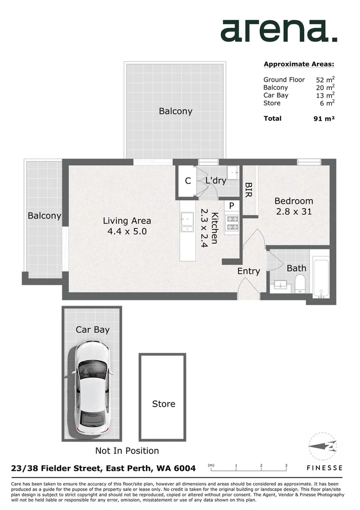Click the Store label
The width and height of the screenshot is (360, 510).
click(x=163, y=404)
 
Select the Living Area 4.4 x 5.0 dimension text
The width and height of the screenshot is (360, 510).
click(x=127, y=226)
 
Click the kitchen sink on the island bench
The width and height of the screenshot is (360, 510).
click(x=187, y=222)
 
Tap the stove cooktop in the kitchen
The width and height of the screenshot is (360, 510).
click(x=232, y=223)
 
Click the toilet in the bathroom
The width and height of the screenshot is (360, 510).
click(x=300, y=284)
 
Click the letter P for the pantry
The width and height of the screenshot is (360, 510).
click(x=232, y=206)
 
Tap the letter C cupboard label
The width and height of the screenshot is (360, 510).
click(x=187, y=181)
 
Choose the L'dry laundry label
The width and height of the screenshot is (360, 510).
click(x=216, y=180)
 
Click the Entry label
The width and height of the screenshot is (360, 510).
click(x=248, y=271)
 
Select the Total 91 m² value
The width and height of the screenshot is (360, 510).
click(x=324, y=119)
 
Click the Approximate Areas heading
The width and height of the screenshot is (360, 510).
click(x=299, y=64)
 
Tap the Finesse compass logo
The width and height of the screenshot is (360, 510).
click(x=324, y=446)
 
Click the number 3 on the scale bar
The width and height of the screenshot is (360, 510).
click(x=286, y=466)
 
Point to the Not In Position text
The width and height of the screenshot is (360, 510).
click(x=127, y=450)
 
